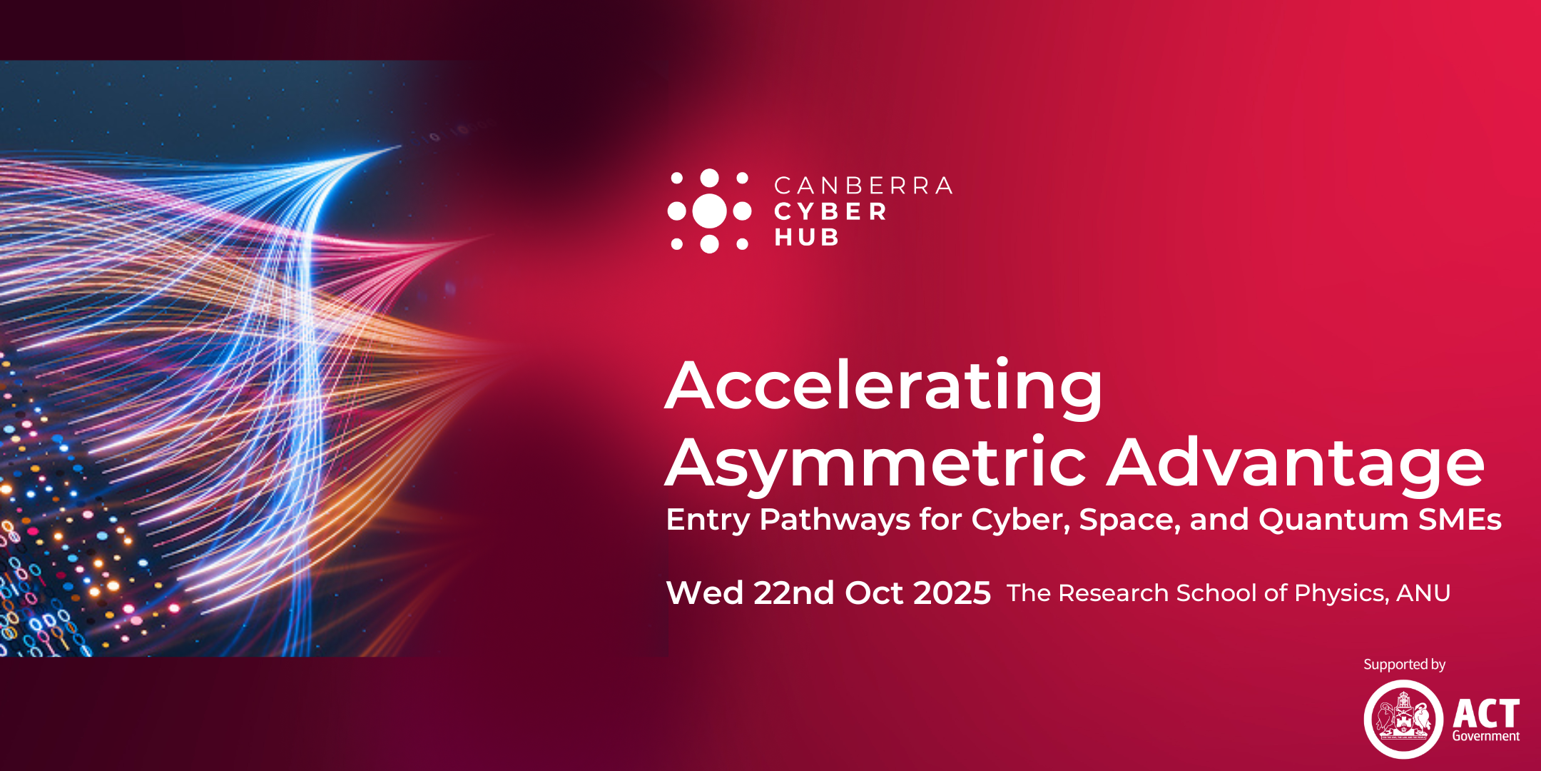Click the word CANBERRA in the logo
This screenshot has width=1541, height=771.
[863, 186]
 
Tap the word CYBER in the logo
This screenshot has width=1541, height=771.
[830, 211]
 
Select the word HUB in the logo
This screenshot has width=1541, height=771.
[806, 237]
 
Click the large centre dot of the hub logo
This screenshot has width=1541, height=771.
[709, 211]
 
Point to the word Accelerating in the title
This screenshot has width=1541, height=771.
[884, 387]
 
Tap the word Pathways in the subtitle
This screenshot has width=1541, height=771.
[835, 520]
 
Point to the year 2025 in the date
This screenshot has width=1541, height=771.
[952, 593]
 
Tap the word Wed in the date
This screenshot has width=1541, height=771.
[705, 593]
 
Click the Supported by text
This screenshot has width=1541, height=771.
[1404, 665]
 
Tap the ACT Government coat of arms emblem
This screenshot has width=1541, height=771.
[1403, 719]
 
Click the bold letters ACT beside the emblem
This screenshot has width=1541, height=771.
[1486, 713]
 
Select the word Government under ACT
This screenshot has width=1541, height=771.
[1486, 736]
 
